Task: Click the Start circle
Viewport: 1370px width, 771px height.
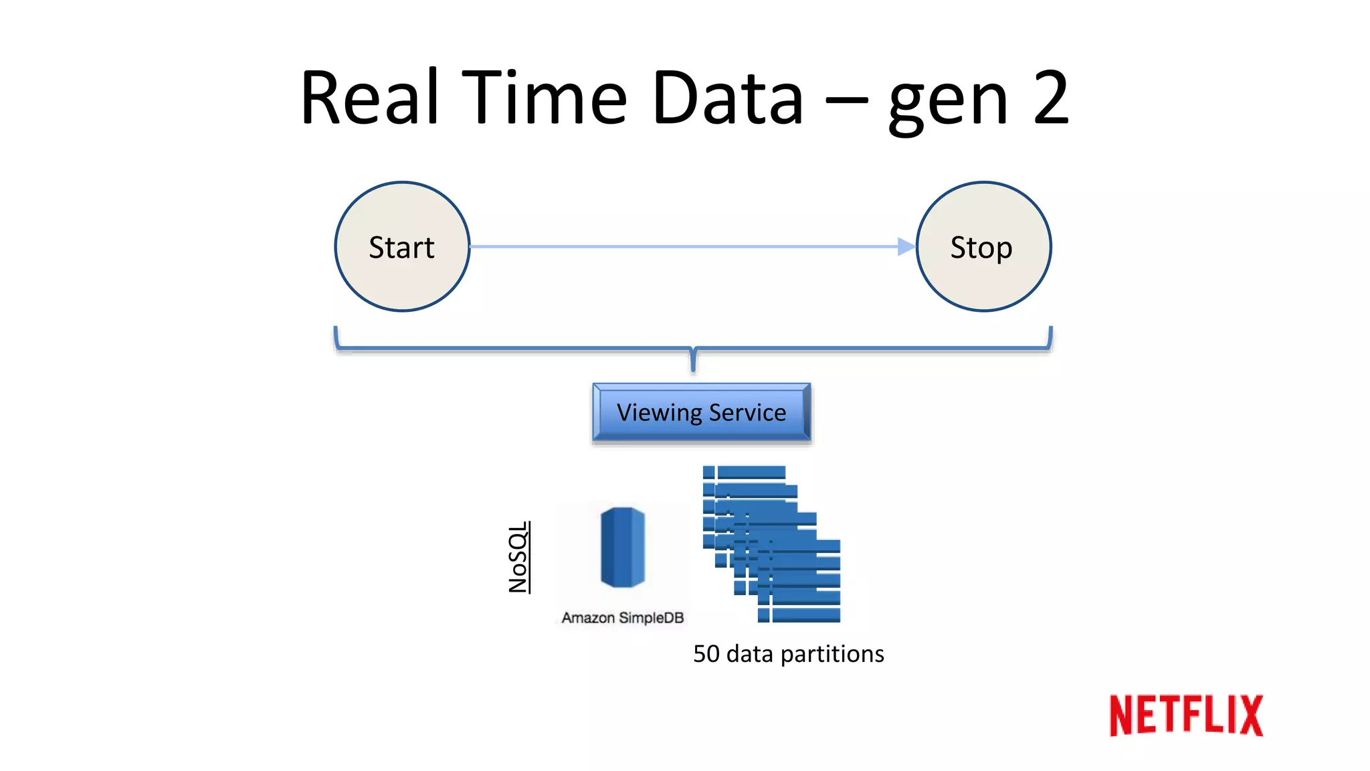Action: click(402, 247)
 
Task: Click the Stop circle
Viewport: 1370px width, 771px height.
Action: click(983, 247)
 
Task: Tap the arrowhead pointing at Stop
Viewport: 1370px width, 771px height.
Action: click(906, 247)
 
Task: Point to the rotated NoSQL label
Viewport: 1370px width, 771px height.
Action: click(518, 558)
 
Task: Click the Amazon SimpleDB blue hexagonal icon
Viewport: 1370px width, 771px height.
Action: click(622, 547)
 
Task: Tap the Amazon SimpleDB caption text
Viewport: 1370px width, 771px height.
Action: click(622, 618)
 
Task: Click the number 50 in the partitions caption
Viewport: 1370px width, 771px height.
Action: click(706, 654)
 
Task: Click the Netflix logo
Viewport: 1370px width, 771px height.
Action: click(1185, 715)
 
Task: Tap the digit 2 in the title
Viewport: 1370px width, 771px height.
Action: click(1050, 98)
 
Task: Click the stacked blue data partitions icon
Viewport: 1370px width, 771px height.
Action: click(771, 544)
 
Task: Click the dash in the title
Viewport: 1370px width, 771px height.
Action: click(846, 102)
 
